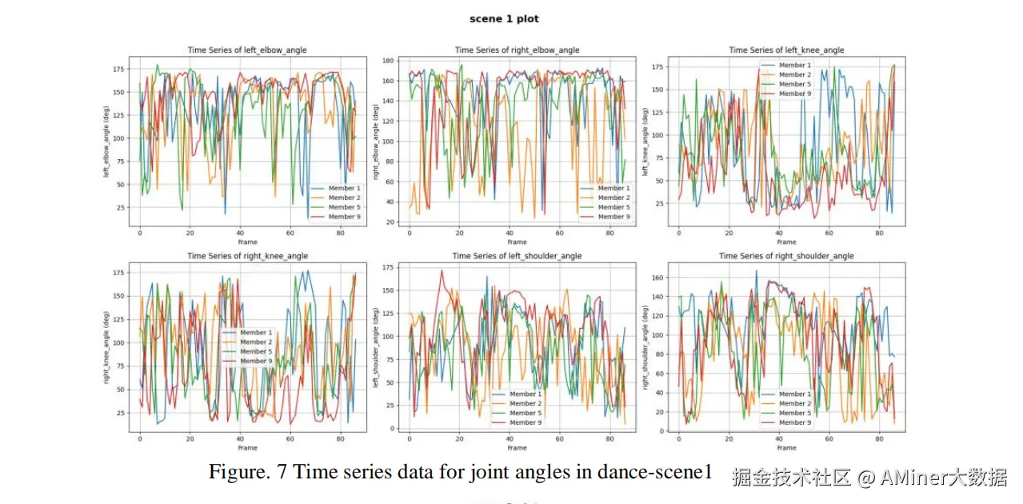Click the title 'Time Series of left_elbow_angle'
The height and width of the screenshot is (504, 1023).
click(x=247, y=50)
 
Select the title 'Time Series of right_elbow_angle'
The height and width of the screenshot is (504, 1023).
click(x=517, y=50)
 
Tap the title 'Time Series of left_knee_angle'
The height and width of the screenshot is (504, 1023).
click(x=786, y=50)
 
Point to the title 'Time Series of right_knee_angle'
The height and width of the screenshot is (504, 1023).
click(x=247, y=256)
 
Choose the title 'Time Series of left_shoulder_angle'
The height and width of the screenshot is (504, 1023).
click(x=517, y=256)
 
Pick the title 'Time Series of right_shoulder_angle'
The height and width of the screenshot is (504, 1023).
click(x=786, y=256)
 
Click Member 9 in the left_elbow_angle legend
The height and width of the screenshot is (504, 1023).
click(x=344, y=217)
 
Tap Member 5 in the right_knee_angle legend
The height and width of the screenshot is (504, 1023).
click(x=256, y=351)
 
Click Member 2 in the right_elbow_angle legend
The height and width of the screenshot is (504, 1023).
click(x=613, y=198)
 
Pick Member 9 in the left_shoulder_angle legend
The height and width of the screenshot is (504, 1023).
click(x=525, y=422)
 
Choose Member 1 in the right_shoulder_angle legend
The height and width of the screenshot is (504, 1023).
click(x=793, y=394)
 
